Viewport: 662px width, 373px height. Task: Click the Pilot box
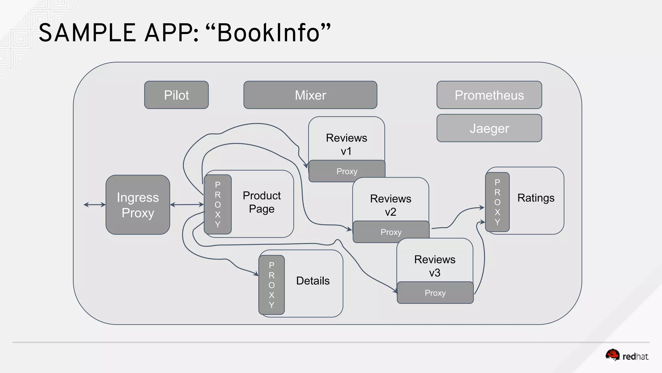(176, 95)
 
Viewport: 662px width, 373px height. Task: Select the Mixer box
(310, 95)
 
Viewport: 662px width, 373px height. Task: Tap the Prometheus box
(489, 95)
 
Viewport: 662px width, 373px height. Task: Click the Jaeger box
(489, 128)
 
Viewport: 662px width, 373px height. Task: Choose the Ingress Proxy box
(138, 205)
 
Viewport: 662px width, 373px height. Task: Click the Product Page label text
(262, 202)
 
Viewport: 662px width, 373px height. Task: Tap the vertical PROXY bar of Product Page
(218, 204)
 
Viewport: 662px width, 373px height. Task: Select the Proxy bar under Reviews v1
(347, 171)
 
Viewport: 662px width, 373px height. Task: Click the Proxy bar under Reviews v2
(391, 232)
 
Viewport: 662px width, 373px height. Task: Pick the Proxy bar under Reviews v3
(435, 293)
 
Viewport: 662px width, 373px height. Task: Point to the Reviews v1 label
(346, 144)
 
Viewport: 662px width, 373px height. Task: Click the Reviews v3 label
(434, 266)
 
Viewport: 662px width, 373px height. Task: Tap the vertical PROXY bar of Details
(272, 285)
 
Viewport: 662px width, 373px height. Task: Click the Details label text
(313, 281)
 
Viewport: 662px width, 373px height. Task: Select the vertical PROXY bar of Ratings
(497, 202)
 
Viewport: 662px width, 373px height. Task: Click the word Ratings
(536, 198)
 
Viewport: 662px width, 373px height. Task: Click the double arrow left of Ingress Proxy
(95, 205)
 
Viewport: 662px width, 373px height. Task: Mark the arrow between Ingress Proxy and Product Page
(187, 205)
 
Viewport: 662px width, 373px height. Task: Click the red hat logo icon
(612, 355)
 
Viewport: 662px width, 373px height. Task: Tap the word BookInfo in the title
(268, 33)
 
